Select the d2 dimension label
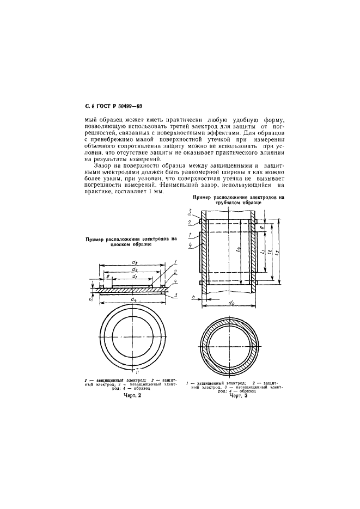click(x=133, y=270)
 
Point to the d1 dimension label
click(x=133, y=277)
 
